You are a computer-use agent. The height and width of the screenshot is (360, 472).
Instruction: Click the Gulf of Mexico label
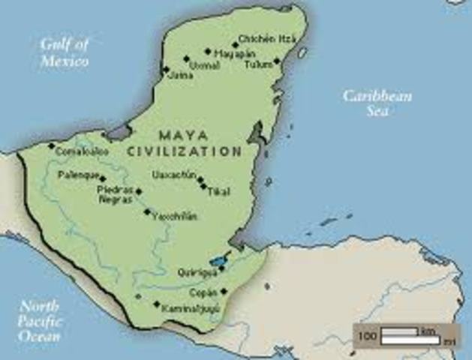[x=64, y=53]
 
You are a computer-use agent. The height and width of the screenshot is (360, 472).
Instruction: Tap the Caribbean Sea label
[x=377, y=103]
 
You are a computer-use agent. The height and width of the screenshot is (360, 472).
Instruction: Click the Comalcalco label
[x=82, y=151]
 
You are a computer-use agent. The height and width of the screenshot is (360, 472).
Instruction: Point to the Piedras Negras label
[x=114, y=196]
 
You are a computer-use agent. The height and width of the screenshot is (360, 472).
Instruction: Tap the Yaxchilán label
[x=174, y=216]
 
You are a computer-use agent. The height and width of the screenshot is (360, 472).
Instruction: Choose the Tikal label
[x=219, y=191]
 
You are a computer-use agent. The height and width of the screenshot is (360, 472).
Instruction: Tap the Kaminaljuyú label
[x=188, y=307]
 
